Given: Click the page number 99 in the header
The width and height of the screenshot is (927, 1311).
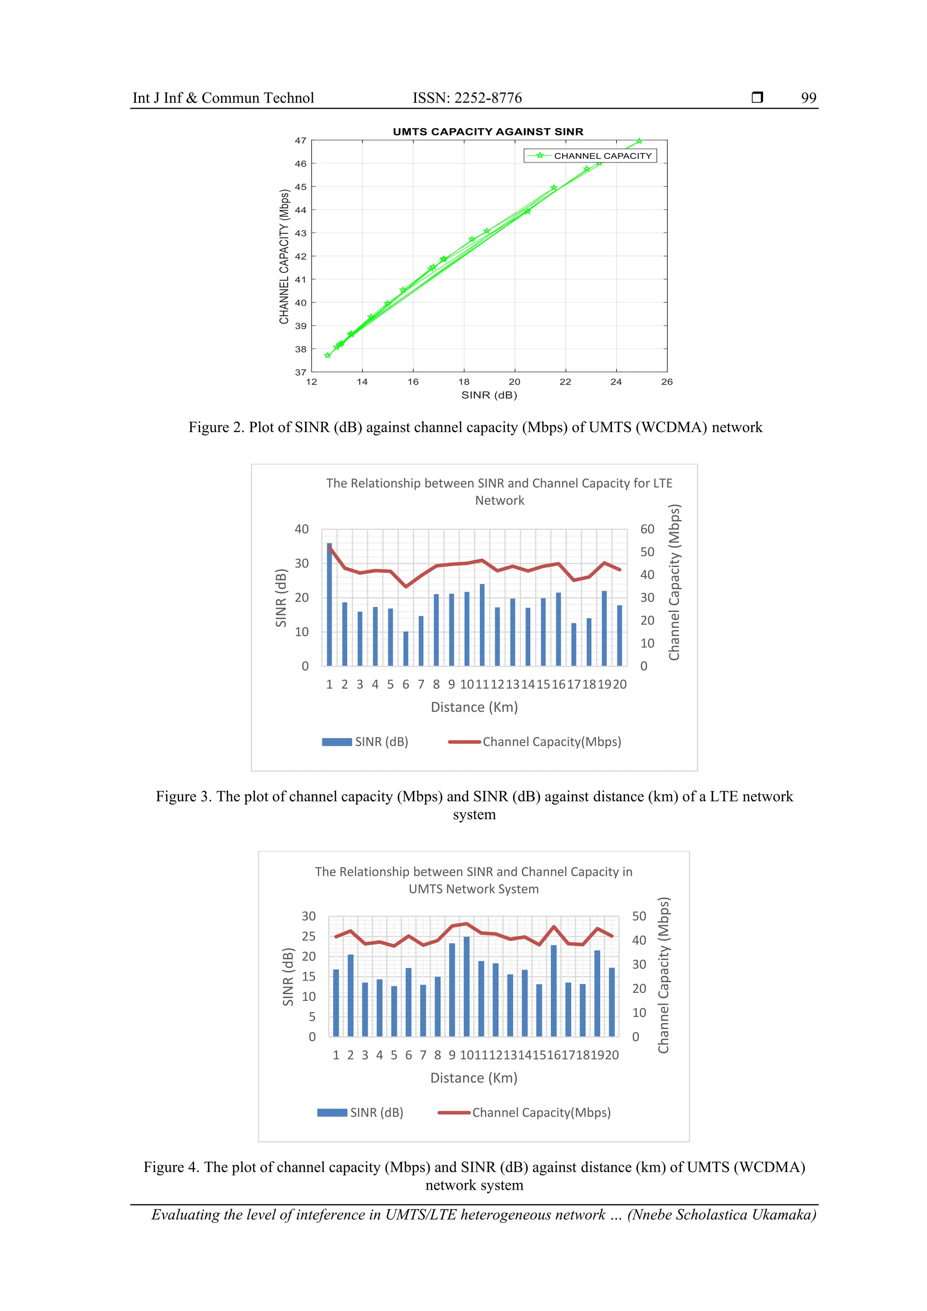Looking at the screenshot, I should [808, 98].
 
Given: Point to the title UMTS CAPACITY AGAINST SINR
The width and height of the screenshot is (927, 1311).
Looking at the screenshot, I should [488, 131].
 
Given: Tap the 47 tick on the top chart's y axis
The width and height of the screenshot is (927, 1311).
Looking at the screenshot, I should [301, 140].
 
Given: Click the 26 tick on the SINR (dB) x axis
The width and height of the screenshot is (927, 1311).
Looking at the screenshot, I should [667, 382].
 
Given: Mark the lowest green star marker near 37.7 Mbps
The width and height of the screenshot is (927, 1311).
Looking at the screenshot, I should [327, 355].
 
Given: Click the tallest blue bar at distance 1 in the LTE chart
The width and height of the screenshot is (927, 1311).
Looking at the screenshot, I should [330, 604].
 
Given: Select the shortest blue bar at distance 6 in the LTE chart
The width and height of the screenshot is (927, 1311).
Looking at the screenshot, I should [406, 648].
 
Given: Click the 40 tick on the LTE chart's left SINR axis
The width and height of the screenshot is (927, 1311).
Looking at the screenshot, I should [301, 529].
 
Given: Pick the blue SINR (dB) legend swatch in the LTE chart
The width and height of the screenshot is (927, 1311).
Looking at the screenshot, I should [337, 742].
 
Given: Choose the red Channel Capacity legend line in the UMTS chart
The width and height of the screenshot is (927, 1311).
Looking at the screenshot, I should [454, 1112].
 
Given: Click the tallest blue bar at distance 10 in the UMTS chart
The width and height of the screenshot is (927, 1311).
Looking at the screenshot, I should [467, 986].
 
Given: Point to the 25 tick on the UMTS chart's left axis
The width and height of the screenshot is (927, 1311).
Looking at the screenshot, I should [308, 936].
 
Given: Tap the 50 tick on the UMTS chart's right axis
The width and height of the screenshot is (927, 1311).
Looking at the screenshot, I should [639, 916].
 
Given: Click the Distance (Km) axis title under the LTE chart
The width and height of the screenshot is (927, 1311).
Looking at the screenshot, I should [474, 707].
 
